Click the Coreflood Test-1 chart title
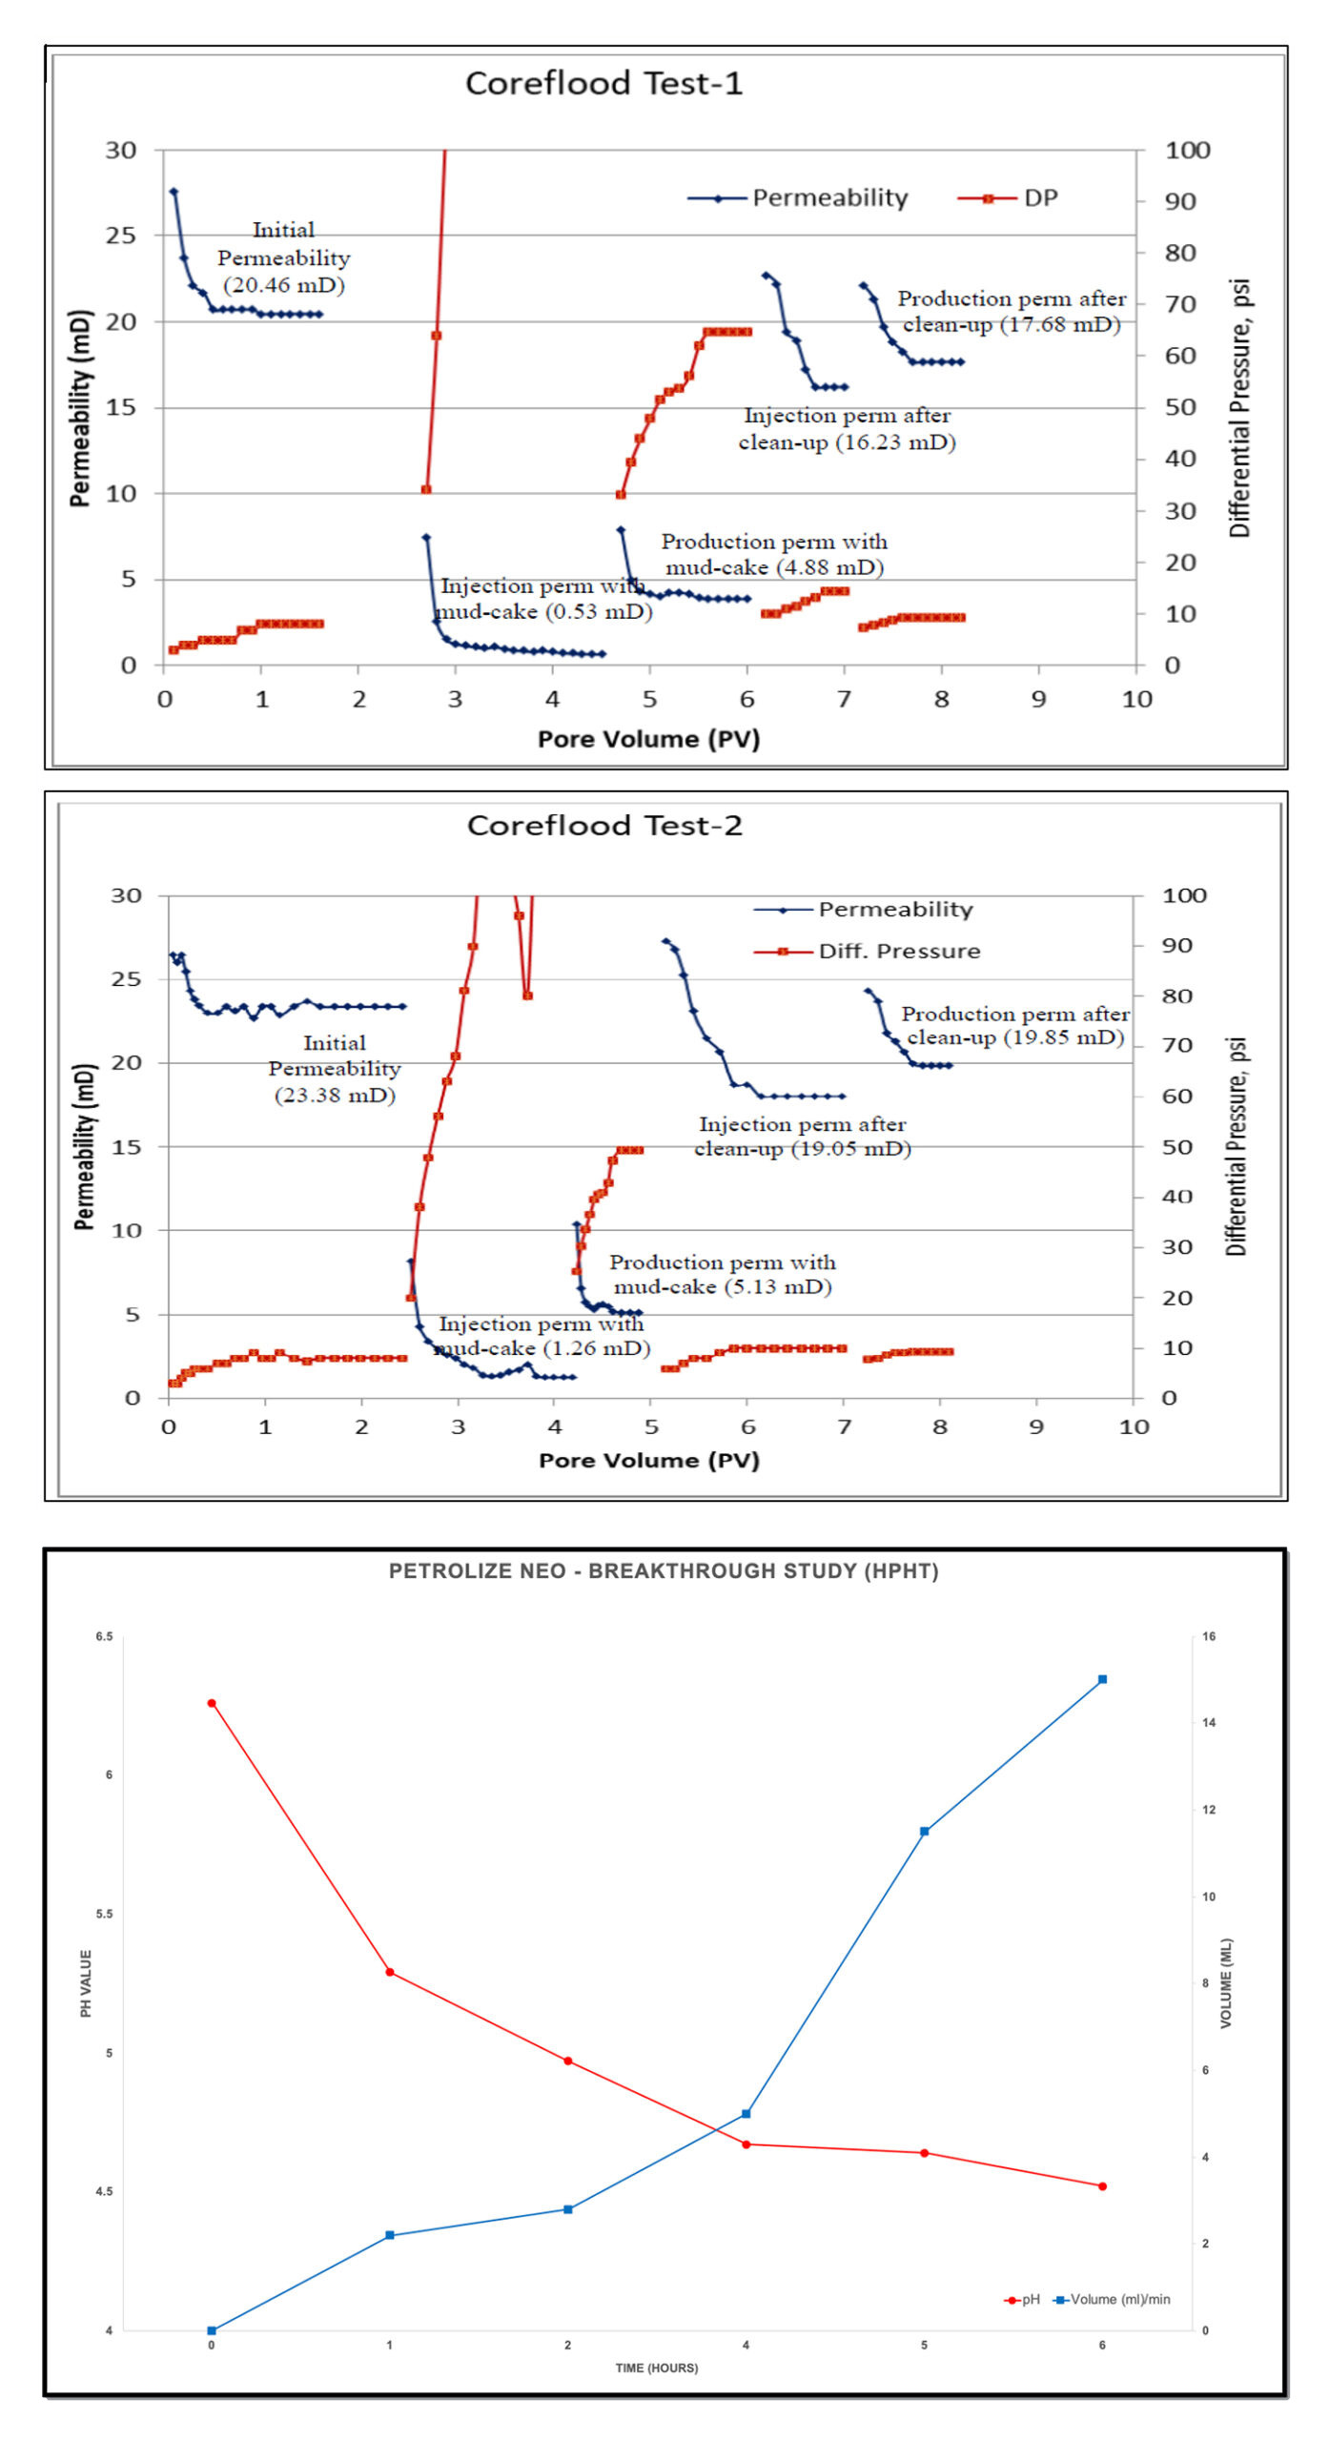pyautogui.click(x=603, y=84)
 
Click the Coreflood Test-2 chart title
pyautogui.click(x=604, y=826)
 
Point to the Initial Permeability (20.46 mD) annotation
pyautogui.click(x=283, y=257)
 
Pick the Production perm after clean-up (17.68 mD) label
pyautogui.click(x=1012, y=312)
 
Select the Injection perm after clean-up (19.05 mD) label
pyautogui.click(x=802, y=1137)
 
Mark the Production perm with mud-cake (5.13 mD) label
pyautogui.click(x=723, y=1275)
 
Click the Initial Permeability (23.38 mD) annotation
pyautogui.click(x=334, y=1069)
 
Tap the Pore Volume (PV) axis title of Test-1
pyautogui.click(x=648, y=739)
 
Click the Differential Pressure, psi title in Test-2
pyautogui.click(x=1237, y=1146)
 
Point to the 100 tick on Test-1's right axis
pyautogui.click(x=1187, y=151)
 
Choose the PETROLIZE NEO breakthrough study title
pyautogui.click(x=664, y=1571)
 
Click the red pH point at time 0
pyautogui.click(x=212, y=1703)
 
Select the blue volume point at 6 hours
pyautogui.click(x=1102, y=1679)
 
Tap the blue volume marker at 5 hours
pyautogui.click(x=924, y=1832)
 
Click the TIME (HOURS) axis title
pyautogui.click(x=656, y=2368)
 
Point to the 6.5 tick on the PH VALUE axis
pyautogui.click(x=104, y=1637)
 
